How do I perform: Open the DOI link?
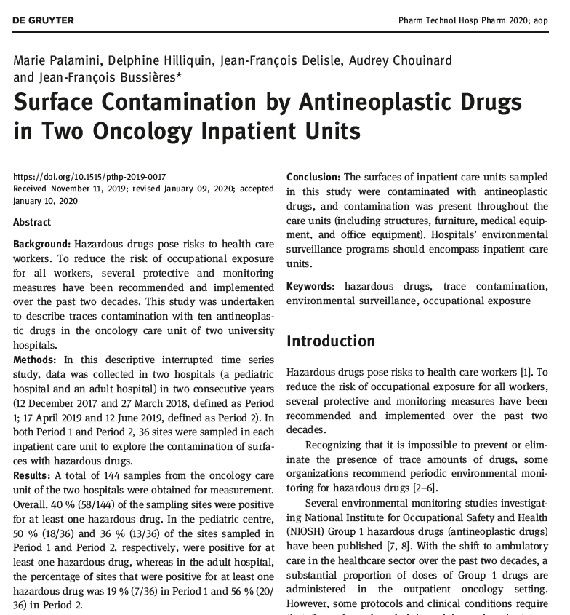(89, 177)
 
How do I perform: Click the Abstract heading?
(32, 222)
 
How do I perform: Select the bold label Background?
(41, 245)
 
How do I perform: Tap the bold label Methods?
(35, 360)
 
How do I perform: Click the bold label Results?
(33, 475)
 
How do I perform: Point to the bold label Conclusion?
(313, 178)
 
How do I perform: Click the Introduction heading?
(331, 341)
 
